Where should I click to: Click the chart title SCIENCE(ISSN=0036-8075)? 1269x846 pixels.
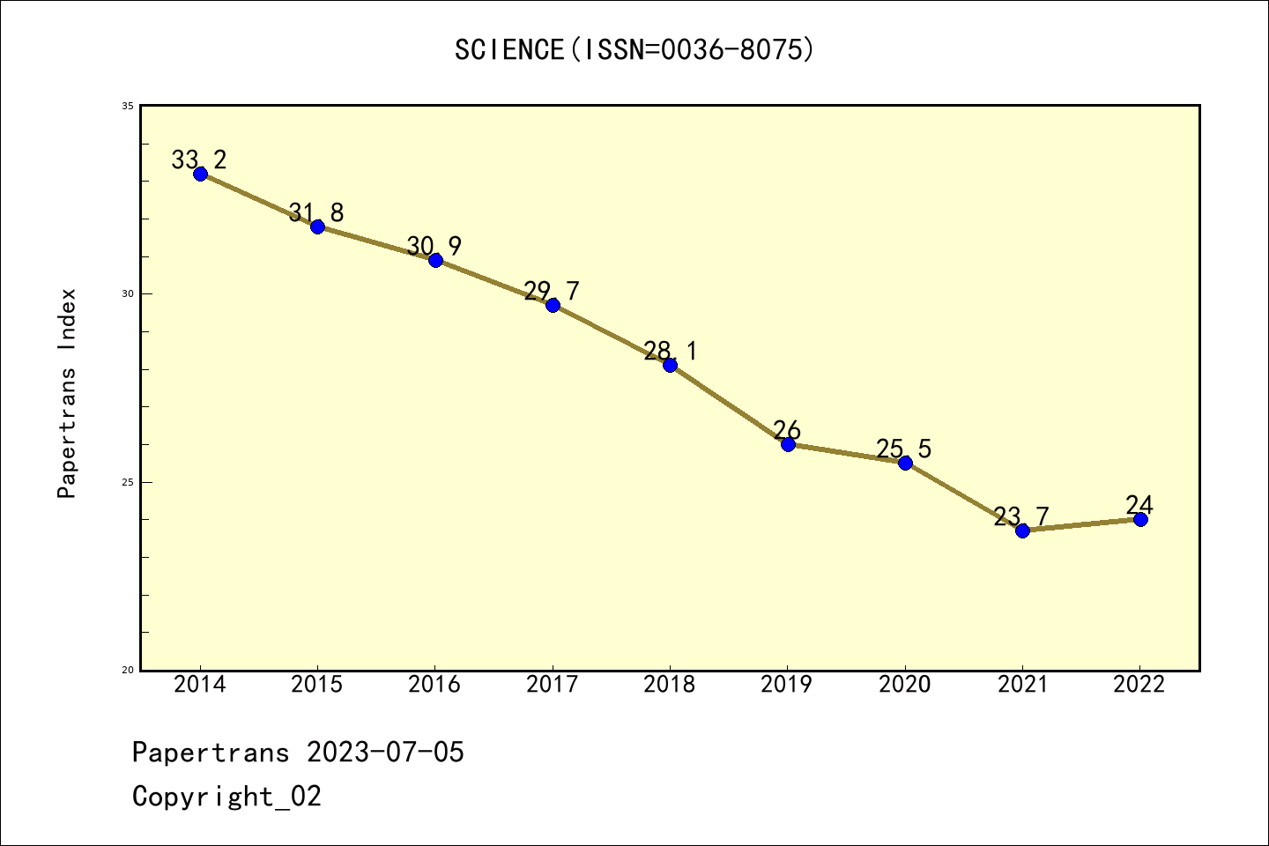(x=634, y=50)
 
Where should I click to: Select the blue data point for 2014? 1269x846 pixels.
(x=200, y=174)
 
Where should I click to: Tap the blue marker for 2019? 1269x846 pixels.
(x=788, y=444)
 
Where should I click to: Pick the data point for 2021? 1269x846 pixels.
(x=1022, y=531)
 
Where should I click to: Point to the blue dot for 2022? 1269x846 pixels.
(x=1140, y=519)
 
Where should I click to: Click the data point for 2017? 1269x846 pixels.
(x=553, y=305)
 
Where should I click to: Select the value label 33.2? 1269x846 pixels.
(x=198, y=160)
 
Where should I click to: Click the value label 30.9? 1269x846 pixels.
(x=434, y=247)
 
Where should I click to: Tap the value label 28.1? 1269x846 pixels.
(x=670, y=352)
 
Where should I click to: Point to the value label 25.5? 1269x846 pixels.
(x=903, y=449)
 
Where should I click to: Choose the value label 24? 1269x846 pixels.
(x=1139, y=506)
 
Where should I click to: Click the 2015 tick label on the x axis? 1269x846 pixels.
(x=317, y=685)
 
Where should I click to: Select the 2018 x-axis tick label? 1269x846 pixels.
(x=670, y=685)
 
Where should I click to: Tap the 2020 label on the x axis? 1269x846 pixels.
(x=904, y=685)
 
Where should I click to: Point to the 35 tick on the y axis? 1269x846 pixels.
(x=127, y=107)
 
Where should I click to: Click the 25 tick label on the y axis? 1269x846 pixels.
(x=127, y=482)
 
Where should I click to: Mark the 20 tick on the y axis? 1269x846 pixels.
(x=127, y=670)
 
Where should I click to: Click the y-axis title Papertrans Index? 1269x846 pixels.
(x=68, y=393)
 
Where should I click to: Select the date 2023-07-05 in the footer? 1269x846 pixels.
(x=385, y=753)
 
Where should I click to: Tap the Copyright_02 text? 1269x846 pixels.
(x=227, y=797)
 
